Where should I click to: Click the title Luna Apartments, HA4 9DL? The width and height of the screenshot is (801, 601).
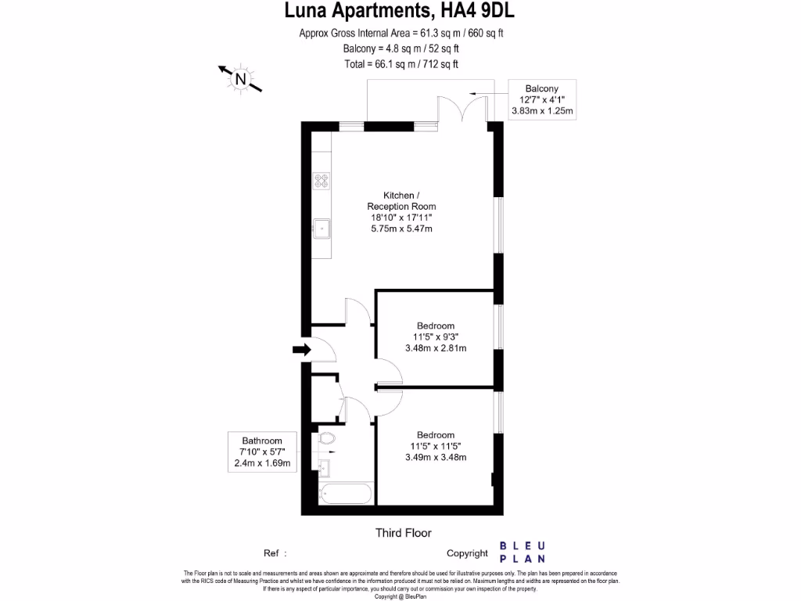[x=400, y=11]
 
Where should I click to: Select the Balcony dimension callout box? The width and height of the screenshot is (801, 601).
[x=542, y=99]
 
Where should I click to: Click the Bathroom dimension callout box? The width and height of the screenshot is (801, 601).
[x=262, y=452]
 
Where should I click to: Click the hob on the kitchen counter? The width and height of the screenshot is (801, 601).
[x=321, y=181]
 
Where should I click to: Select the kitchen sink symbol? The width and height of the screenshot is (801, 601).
[x=321, y=229]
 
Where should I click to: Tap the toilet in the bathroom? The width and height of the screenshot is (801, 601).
[x=326, y=439]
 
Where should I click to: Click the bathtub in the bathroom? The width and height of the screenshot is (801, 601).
[x=345, y=494]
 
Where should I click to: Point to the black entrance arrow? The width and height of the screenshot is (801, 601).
[x=302, y=348]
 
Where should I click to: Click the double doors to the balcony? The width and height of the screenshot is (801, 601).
[x=463, y=109]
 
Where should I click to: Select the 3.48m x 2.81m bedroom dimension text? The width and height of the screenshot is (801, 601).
[x=436, y=348]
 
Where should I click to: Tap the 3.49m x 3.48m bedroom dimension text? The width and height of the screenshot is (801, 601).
[x=436, y=458]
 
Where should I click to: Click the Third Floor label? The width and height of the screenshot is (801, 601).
[x=404, y=533]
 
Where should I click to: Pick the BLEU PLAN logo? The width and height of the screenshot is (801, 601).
[x=523, y=552]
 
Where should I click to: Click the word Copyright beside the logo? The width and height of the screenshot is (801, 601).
[x=467, y=553]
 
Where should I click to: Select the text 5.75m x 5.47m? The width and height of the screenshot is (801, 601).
[x=401, y=229]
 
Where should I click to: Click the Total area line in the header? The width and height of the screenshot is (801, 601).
[x=400, y=64]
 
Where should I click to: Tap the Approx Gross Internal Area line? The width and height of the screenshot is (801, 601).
[x=400, y=33]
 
